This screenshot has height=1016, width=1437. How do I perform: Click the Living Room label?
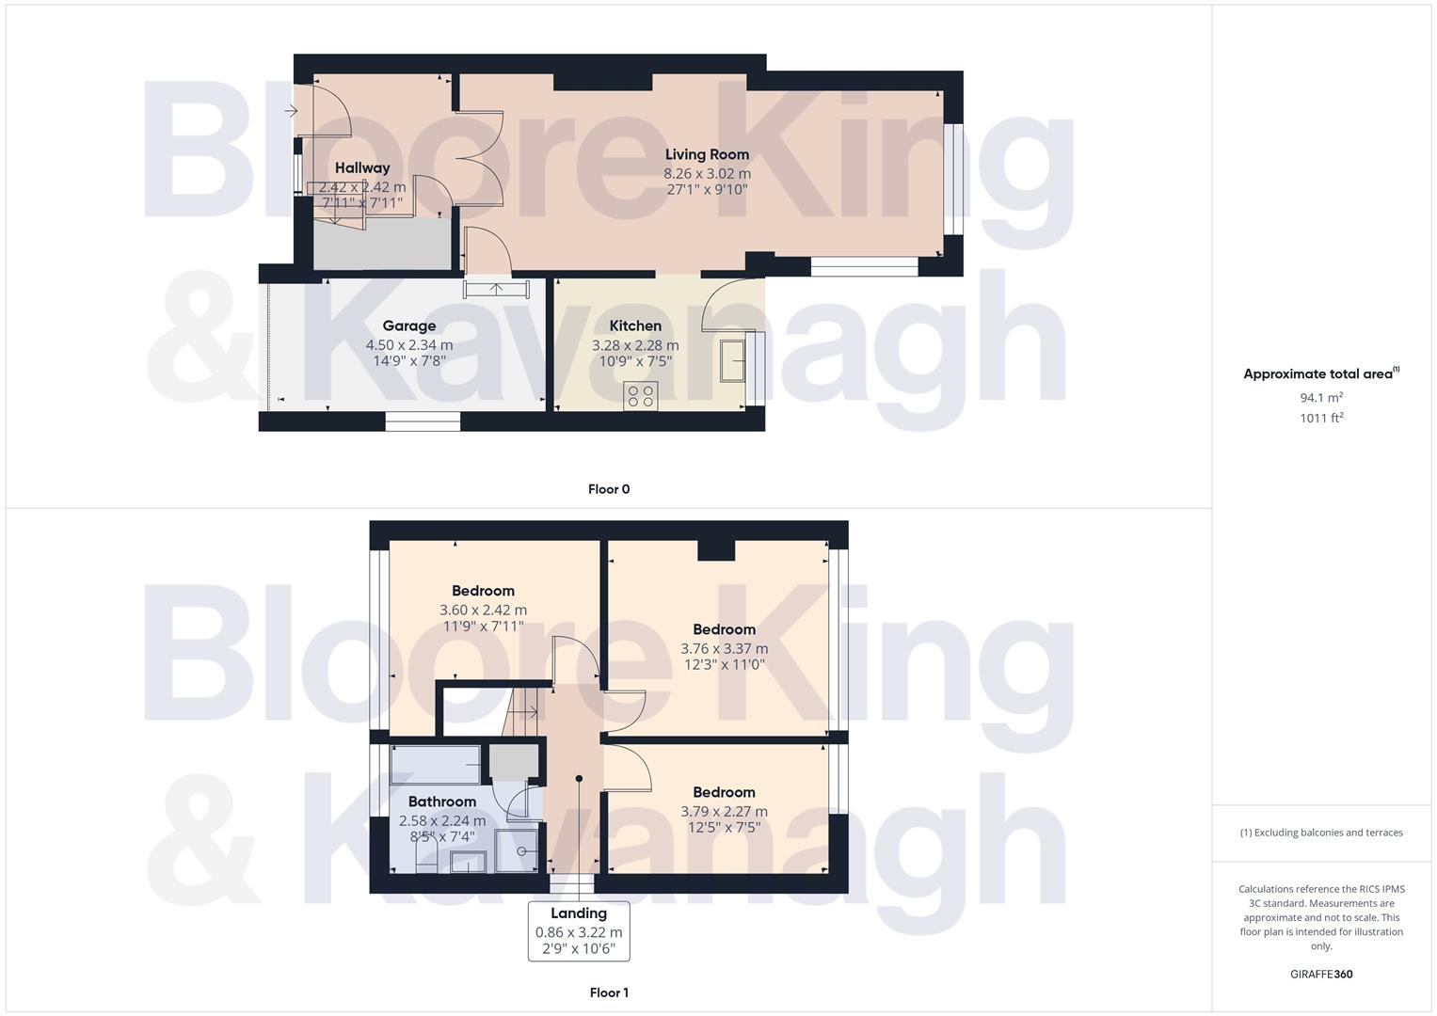coord(707,154)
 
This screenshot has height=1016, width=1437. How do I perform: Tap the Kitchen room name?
coord(635,325)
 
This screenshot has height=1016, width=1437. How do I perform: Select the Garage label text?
coord(409,325)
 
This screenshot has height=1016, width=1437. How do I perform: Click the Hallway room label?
coord(362,167)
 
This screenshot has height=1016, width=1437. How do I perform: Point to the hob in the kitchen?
coord(641,396)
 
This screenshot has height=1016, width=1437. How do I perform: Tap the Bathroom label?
coord(441,802)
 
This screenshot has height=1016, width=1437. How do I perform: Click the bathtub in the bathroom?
coord(435,764)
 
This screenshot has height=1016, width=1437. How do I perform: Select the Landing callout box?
coord(579,930)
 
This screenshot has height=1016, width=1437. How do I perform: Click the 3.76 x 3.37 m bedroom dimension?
coord(724,648)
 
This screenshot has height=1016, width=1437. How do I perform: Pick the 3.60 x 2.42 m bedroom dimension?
coord(483,610)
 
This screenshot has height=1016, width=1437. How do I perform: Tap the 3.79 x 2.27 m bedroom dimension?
coord(724,811)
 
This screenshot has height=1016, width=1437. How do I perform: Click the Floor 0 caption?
coord(609,489)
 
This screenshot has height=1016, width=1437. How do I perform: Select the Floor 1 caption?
coord(609,992)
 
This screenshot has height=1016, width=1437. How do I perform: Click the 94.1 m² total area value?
coord(1321,398)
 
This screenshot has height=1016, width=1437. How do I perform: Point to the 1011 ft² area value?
coord(1321,419)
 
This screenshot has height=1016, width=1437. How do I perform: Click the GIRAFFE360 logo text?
coord(1321,974)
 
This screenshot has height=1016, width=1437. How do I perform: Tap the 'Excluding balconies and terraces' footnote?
coord(1321,833)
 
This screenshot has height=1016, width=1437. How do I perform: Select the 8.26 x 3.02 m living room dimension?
coord(707,173)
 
